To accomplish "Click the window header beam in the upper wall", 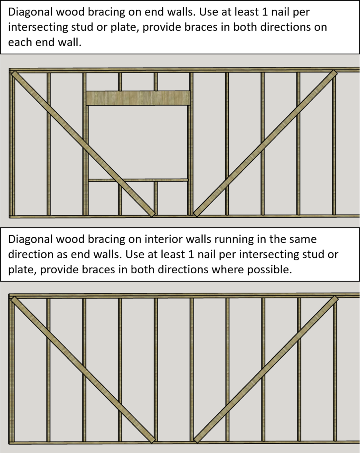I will coord(138,98).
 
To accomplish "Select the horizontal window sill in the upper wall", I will coord(138,180).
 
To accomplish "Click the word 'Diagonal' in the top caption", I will coord(30,12).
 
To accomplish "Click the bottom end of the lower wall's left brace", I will coord(151,440).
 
